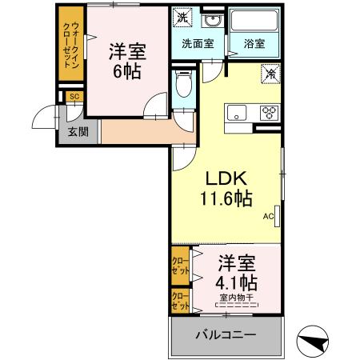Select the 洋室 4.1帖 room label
pos(237,272)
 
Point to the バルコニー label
pos(226,334)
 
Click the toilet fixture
pos(182,86)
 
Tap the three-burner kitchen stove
pos(267,111)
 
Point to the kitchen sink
pos(238,111)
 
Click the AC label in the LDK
pos(269,216)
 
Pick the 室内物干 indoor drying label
pos(237,298)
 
